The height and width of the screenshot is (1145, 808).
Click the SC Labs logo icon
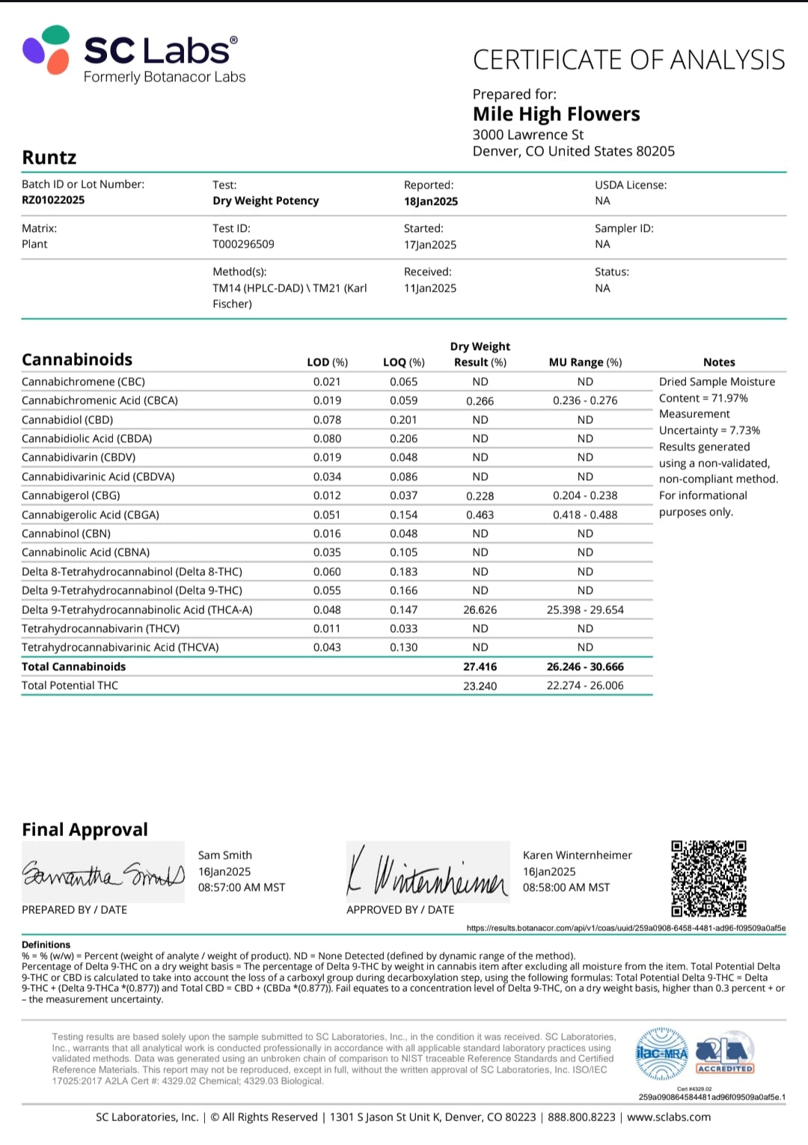click(46, 50)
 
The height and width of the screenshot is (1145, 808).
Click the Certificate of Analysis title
click(628, 60)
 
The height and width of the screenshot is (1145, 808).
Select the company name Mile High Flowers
click(556, 114)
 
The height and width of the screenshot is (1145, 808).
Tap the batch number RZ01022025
click(53, 200)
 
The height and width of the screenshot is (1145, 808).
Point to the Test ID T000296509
click(243, 244)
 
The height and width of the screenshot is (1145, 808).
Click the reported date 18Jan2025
click(431, 201)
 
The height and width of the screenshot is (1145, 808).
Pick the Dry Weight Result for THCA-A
click(480, 610)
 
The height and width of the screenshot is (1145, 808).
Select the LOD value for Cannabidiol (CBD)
click(327, 420)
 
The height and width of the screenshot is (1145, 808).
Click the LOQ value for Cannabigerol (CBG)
click(403, 495)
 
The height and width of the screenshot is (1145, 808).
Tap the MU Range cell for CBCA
click(585, 400)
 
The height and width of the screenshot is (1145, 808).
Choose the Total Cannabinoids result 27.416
click(480, 666)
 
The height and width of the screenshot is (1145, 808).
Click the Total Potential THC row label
click(70, 685)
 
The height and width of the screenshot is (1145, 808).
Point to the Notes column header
click(719, 362)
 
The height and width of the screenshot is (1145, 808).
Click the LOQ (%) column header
click(403, 362)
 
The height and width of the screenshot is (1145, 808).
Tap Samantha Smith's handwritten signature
click(103, 873)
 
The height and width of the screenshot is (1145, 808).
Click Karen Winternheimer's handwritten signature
click(427, 873)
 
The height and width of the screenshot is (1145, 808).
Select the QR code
click(708, 878)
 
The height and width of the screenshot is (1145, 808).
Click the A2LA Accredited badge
click(724, 1054)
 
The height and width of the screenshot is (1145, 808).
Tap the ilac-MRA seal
click(661, 1054)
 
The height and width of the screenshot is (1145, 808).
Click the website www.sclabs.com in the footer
click(669, 1117)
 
